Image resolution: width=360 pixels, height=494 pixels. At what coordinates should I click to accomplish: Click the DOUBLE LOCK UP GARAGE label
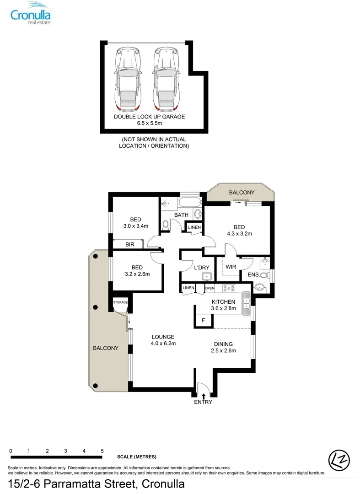[149, 117]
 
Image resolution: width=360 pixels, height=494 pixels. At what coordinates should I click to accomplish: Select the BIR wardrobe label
[129, 245]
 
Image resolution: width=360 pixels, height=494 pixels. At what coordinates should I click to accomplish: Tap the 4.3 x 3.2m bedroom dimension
[239, 234]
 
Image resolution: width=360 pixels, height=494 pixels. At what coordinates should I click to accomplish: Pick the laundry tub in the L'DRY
[207, 275]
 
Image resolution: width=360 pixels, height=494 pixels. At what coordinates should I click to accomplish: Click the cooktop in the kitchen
[228, 288]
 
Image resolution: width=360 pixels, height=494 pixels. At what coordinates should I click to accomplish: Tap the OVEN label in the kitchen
[210, 288]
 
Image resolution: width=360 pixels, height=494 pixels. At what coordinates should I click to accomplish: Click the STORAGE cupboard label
[121, 302]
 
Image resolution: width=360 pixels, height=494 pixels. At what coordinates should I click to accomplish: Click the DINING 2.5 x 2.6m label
[224, 347]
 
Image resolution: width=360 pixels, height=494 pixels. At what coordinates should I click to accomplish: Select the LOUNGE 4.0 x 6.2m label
[163, 340]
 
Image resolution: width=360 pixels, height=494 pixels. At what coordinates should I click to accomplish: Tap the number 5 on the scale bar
[102, 451]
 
